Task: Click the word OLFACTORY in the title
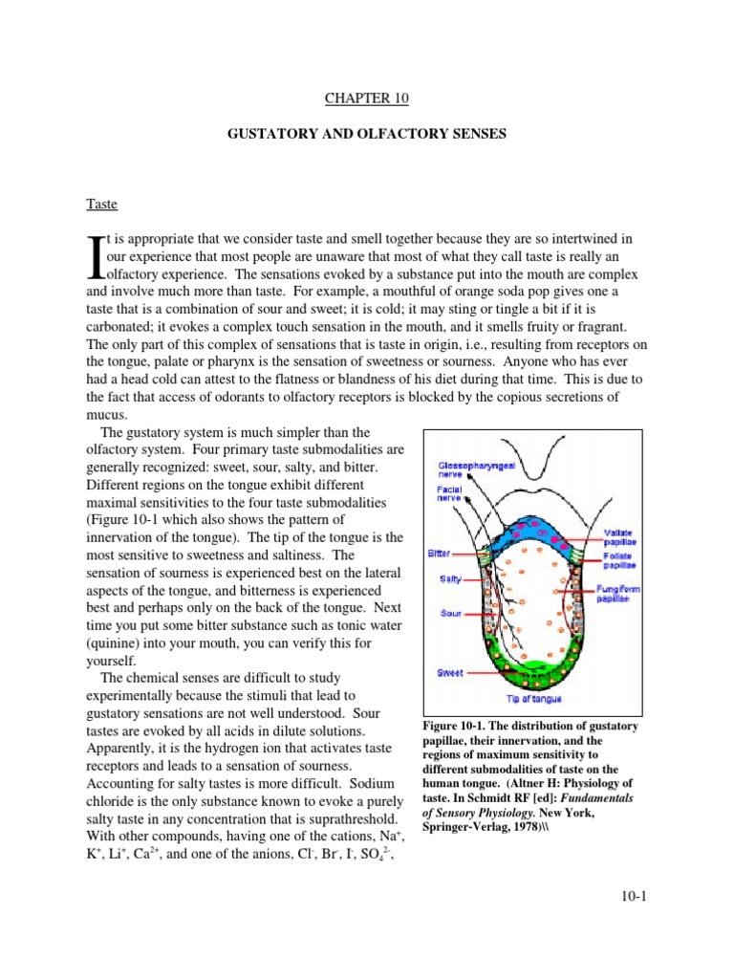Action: point(413,135)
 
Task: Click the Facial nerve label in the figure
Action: point(451,492)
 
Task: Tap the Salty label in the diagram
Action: point(451,578)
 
